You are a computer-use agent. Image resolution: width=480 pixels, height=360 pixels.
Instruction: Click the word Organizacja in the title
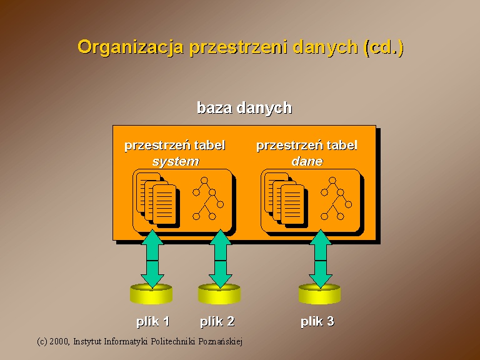131,47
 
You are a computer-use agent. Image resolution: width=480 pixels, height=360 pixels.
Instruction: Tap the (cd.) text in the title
384,47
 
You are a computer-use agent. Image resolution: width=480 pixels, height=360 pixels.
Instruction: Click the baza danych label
244,107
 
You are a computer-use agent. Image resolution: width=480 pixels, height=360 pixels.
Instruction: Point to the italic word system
176,161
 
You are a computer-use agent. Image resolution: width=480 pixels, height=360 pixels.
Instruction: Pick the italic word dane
307,161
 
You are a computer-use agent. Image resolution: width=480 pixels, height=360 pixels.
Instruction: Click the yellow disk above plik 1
151,294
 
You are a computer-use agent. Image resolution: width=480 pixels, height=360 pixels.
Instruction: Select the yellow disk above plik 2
219,294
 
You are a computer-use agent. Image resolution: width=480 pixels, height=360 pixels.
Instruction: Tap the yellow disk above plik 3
319,294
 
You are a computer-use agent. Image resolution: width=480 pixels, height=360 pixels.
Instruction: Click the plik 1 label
152,321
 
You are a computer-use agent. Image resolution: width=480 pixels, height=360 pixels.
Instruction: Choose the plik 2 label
217,321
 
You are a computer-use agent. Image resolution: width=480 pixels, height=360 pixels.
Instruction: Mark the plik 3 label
317,321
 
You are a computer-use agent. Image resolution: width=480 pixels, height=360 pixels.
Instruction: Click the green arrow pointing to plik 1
152,259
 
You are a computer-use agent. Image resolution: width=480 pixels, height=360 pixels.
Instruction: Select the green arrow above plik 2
220,259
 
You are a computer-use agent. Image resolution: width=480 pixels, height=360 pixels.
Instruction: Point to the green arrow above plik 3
321,259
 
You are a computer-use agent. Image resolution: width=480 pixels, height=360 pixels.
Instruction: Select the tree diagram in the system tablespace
208,198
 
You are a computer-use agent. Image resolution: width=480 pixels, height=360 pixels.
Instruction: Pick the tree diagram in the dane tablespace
336,198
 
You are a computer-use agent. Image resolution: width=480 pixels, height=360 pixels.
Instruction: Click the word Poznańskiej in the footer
221,341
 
